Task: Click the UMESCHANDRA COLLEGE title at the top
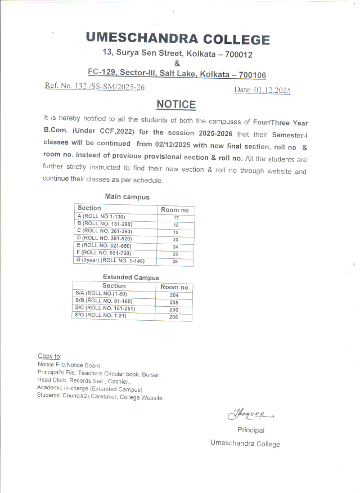[178, 39]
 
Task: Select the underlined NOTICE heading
[176, 104]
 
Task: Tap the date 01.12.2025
[272, 90]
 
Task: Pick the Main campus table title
[127, 196]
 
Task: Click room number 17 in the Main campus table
[176, 217]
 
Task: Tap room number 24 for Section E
[176, 246]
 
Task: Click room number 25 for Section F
[176, 254]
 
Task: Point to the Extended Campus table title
[131, 277]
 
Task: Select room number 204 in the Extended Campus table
[174, 295]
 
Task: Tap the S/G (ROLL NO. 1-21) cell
[100, 316]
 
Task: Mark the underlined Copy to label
[49, 356]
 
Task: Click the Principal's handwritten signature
[249, 415]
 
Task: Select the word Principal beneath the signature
[251, 430]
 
